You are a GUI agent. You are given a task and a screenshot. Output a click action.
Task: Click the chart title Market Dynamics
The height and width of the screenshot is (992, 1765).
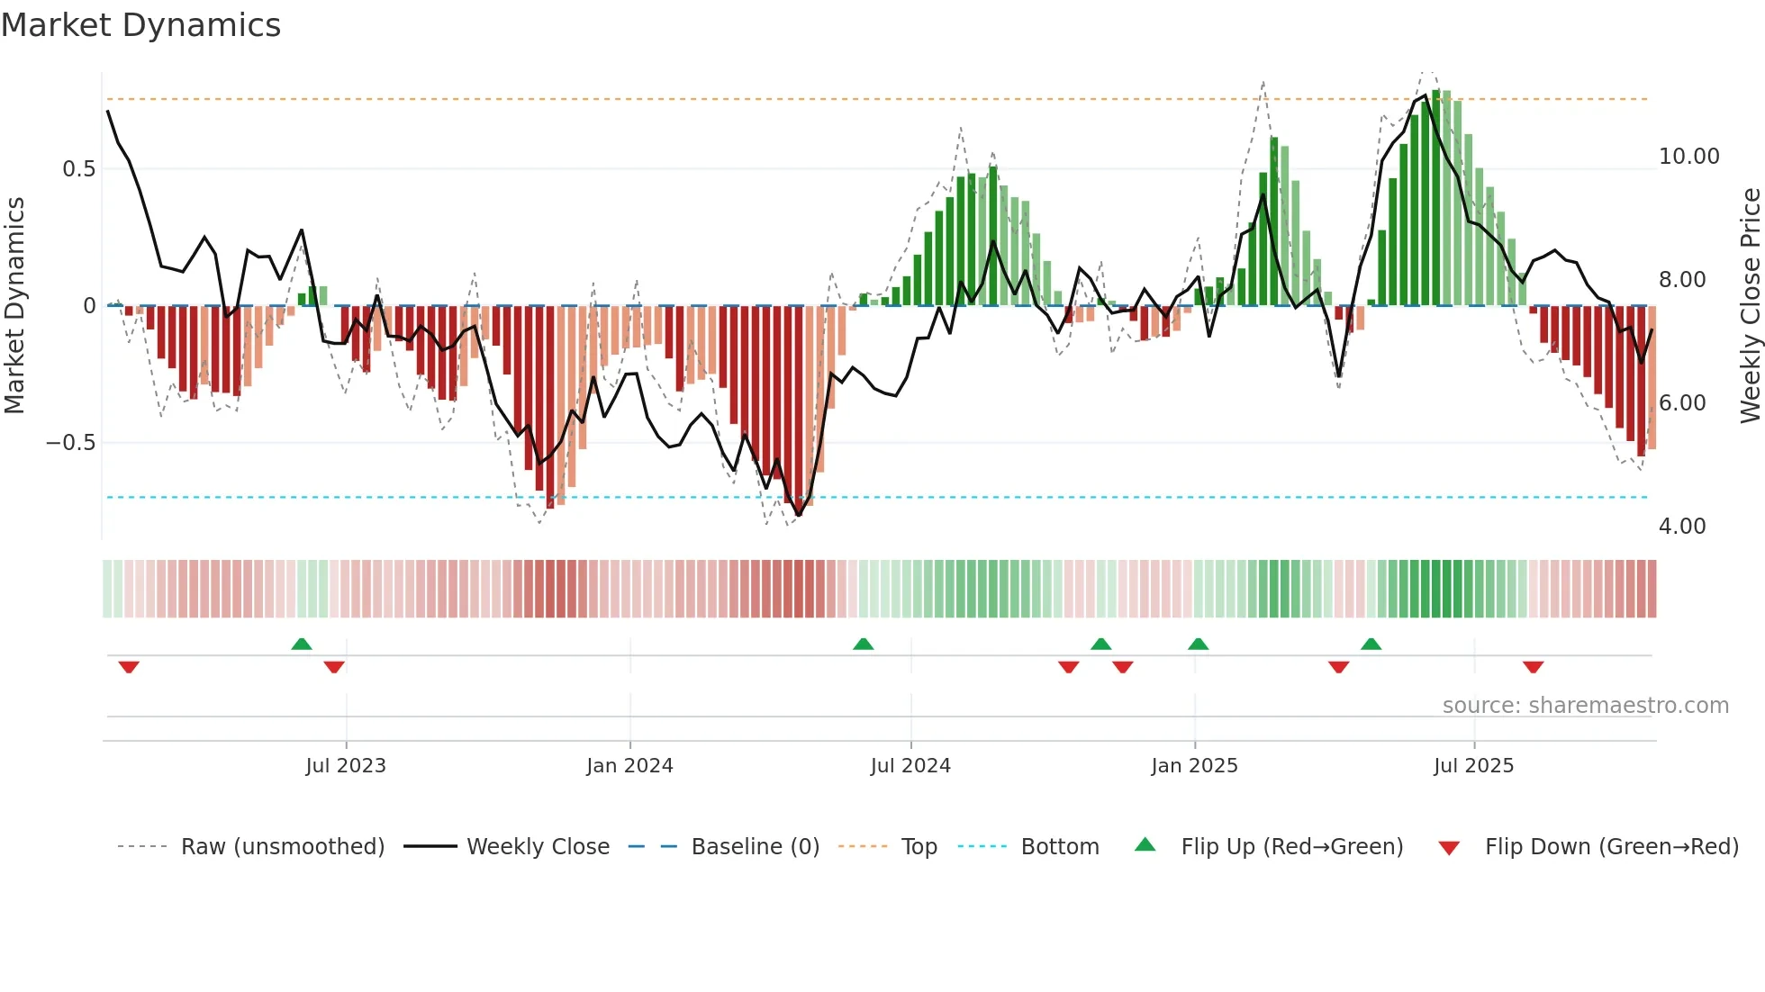click(x=141, y=25)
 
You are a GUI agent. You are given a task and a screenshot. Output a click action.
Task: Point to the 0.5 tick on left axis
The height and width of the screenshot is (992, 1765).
click(x=78, y=169)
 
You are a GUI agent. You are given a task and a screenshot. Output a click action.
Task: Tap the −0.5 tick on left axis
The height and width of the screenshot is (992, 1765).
click(x=71, y=443)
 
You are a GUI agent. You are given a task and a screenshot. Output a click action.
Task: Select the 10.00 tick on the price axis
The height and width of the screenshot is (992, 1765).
click(x=1688, y=157)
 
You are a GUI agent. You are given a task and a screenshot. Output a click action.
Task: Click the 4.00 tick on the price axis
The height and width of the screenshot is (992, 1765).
click(x=1681, y=527)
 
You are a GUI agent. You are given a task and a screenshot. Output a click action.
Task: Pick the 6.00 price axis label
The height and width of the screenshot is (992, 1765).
click(x=1681, y=403)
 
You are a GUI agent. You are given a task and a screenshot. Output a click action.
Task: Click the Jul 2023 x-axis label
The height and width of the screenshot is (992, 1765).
click(x=346, y=766)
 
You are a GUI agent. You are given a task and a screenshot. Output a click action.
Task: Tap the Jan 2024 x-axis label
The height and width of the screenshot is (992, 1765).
click(x=629, y=766)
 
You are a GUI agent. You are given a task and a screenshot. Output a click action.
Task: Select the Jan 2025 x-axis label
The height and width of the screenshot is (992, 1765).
click(x=1194, y=766)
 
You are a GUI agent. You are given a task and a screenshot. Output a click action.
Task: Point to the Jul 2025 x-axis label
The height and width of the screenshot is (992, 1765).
click(x=1473, y=766)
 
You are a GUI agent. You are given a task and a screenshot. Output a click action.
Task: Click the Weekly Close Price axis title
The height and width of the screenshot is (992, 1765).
click(x=1750, y=306)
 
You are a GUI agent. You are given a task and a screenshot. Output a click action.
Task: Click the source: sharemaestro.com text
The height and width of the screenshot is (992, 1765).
click(x=1585, y=706)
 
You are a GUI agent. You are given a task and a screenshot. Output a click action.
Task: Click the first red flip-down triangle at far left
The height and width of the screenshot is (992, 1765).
click(x=129, y=667)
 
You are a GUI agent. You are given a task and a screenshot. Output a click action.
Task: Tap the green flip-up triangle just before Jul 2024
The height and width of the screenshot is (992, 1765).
click(x=863, y=644)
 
